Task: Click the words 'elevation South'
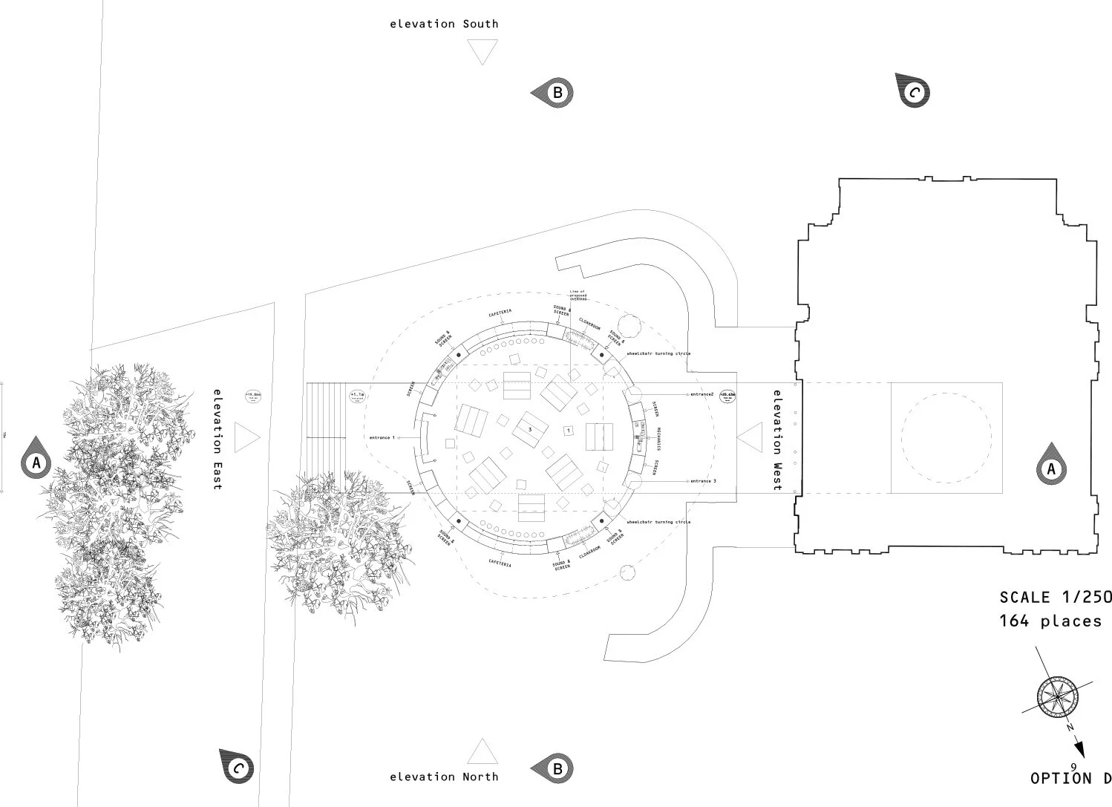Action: click(x=444, y=24)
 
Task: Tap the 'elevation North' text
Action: click(x=444, y=777)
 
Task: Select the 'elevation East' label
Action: click(x=218, y=439)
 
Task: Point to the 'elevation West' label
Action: click(x=777, y=440)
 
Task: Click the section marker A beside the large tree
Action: click(x=36, y=464)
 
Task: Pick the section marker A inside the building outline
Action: click(x=1050, y=468)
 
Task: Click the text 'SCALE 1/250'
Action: click(x=1055, y=597)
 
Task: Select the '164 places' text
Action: click(x=1050, y=621)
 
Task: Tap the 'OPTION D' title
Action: click(x=1070, y=778)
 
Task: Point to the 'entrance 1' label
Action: click(x=382, y=438)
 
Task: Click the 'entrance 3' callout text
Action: click(x=703, y=481)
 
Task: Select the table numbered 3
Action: click(x=530, y=429)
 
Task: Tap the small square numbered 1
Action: click(x=568, y=430)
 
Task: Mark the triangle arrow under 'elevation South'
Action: click(x=483, y=53)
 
